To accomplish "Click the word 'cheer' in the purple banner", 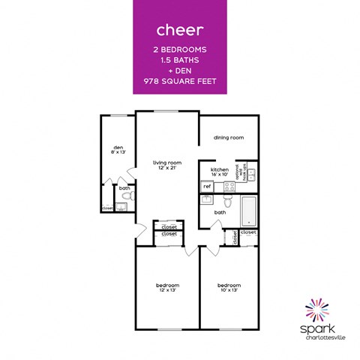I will point(179,31).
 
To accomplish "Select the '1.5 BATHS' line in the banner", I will point(179,59).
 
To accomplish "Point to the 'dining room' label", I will point(229,138).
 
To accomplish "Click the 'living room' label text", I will point(167,163).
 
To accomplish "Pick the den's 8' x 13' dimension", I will point(118,152).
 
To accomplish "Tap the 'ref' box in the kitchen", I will point(207,185).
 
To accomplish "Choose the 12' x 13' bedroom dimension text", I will point(167,291).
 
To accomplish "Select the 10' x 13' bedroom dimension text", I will point(229,291).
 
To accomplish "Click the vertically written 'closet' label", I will point(235,238).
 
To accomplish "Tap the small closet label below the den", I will point(108,208).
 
